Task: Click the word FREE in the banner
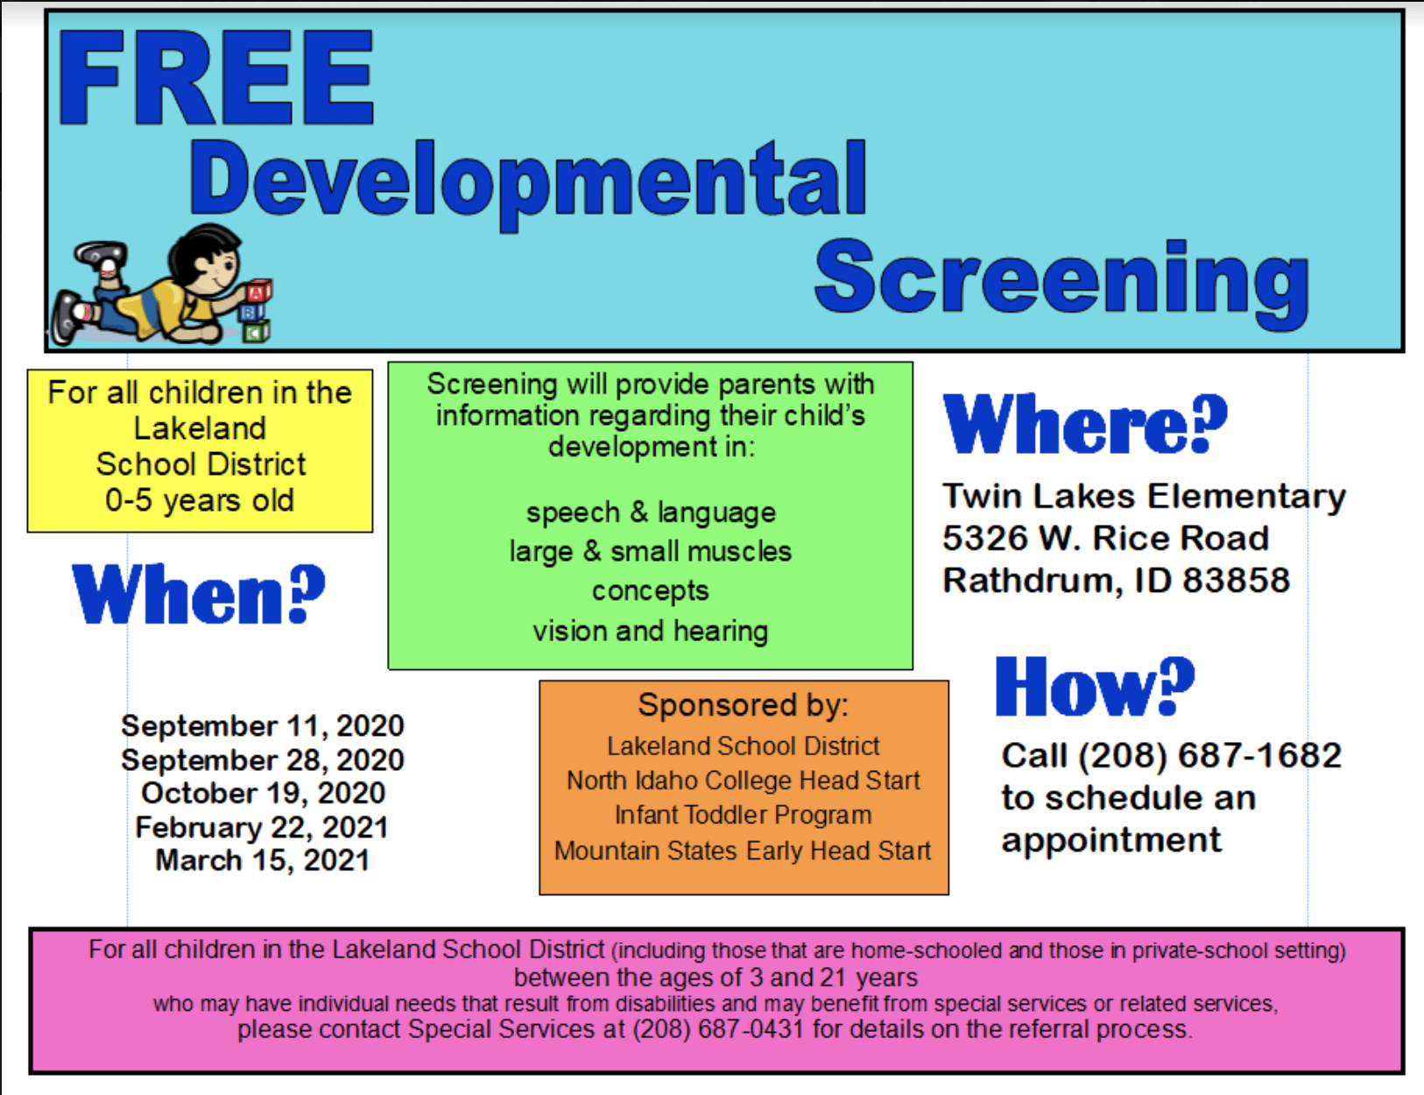216,77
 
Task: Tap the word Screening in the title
1061,282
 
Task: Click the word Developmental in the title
528,183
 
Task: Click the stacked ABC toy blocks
257,311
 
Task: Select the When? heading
199,594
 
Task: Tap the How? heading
1095,686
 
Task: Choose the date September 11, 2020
263,726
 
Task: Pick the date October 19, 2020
264,794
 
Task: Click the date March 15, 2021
263,860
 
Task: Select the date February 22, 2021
262,827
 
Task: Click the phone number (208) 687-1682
1210,756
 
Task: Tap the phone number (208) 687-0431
718,1028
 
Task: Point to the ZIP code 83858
1236,581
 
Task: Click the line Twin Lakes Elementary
1144,497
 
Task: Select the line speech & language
651,512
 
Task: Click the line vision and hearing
651,631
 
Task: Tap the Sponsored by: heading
744,706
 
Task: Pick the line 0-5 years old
200,501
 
